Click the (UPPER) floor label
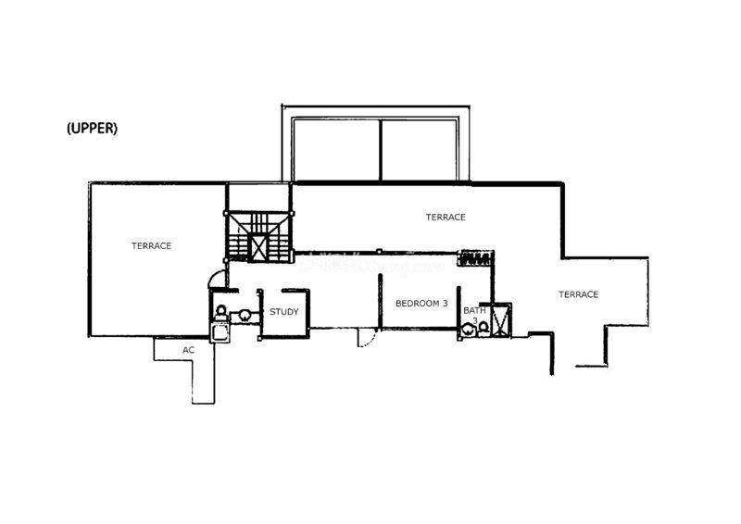coord(92,130)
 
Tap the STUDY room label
coord(284,311)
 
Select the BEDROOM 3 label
coord(421,303)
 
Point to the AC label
coord(188,350)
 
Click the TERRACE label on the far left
coord(151,245)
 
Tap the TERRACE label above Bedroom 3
coord(446,217)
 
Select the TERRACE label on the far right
coord(578,294)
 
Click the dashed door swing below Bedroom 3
coord(367,339)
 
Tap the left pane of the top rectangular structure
coord(337,150)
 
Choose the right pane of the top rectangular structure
coord(421,150)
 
